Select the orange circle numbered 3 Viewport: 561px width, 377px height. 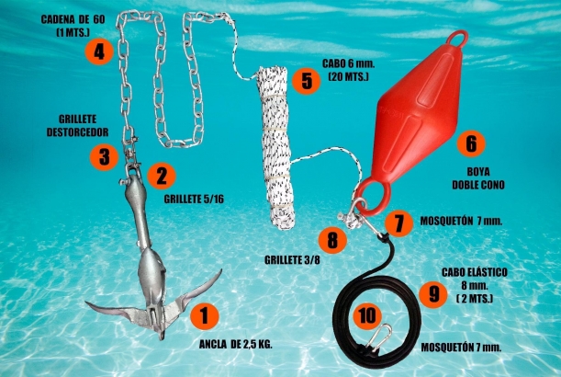[x=105, y=157]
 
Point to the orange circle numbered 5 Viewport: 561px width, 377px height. [x=306, y=80]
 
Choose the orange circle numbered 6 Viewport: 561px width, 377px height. [x=470, y=144]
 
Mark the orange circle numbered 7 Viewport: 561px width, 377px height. [x=396, y=223]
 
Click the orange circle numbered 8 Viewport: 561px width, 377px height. [x=331, y=241]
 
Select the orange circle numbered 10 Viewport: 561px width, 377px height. [x=367, y=315]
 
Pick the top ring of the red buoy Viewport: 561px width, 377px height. [x=457, y=39]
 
